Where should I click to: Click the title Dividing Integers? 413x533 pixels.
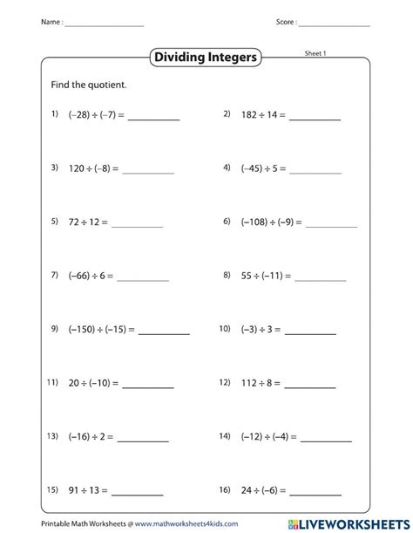pos(206,58)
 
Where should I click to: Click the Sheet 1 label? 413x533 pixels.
pos(315,52)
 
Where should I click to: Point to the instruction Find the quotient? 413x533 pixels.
pos(89,85)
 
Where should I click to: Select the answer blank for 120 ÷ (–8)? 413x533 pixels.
pos(148,172)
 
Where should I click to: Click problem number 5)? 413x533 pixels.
pos(54,222)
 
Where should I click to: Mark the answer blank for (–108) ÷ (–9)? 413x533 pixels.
pos(331,226)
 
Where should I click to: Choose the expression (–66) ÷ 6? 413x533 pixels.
pos(91,276)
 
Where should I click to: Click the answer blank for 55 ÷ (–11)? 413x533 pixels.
pos(320,280)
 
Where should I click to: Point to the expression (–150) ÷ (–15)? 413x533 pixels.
pos(100,330)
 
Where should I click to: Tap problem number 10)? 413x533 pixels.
pos(225,329)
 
